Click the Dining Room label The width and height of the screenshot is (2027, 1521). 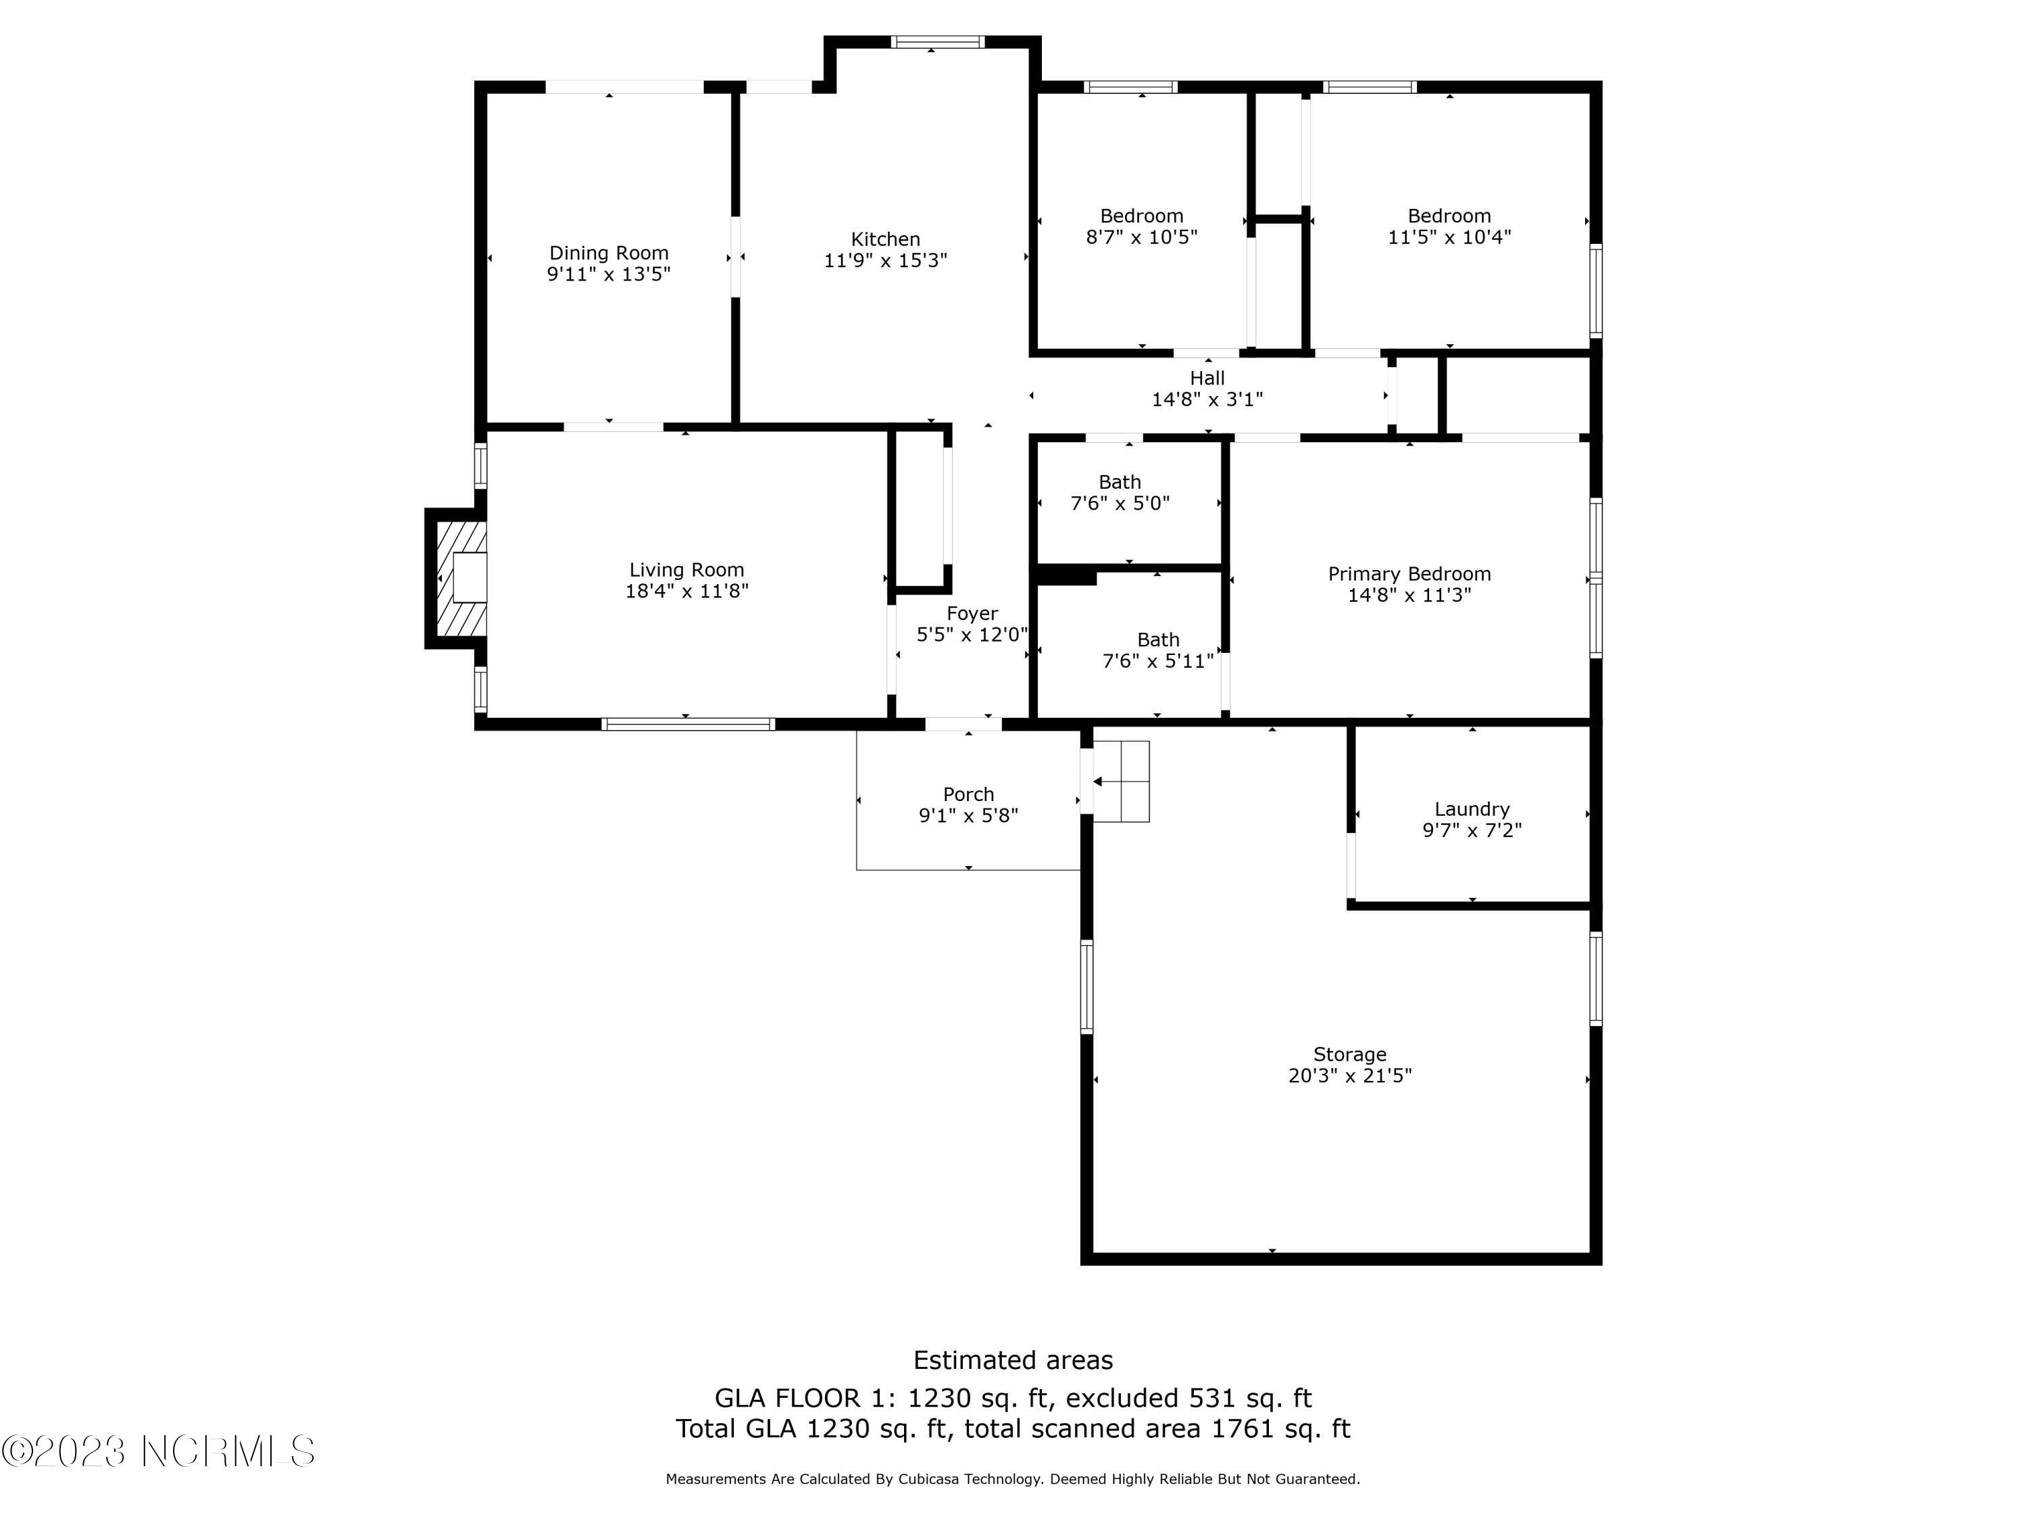609,253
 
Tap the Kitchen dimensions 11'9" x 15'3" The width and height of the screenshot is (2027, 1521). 885,260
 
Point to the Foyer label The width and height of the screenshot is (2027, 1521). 972,613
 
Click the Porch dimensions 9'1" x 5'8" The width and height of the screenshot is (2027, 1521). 969,815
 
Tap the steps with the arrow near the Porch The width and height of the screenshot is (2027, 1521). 1121,781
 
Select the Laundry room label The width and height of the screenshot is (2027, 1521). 1472,808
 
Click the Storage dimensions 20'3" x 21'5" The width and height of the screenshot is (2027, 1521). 1350,1076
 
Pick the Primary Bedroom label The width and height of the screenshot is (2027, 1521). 1409,574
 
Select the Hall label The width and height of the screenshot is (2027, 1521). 1207,378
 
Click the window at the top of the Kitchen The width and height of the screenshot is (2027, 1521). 937,41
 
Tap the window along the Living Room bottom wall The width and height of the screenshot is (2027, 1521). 687,724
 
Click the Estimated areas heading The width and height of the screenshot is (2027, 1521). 1013,1359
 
